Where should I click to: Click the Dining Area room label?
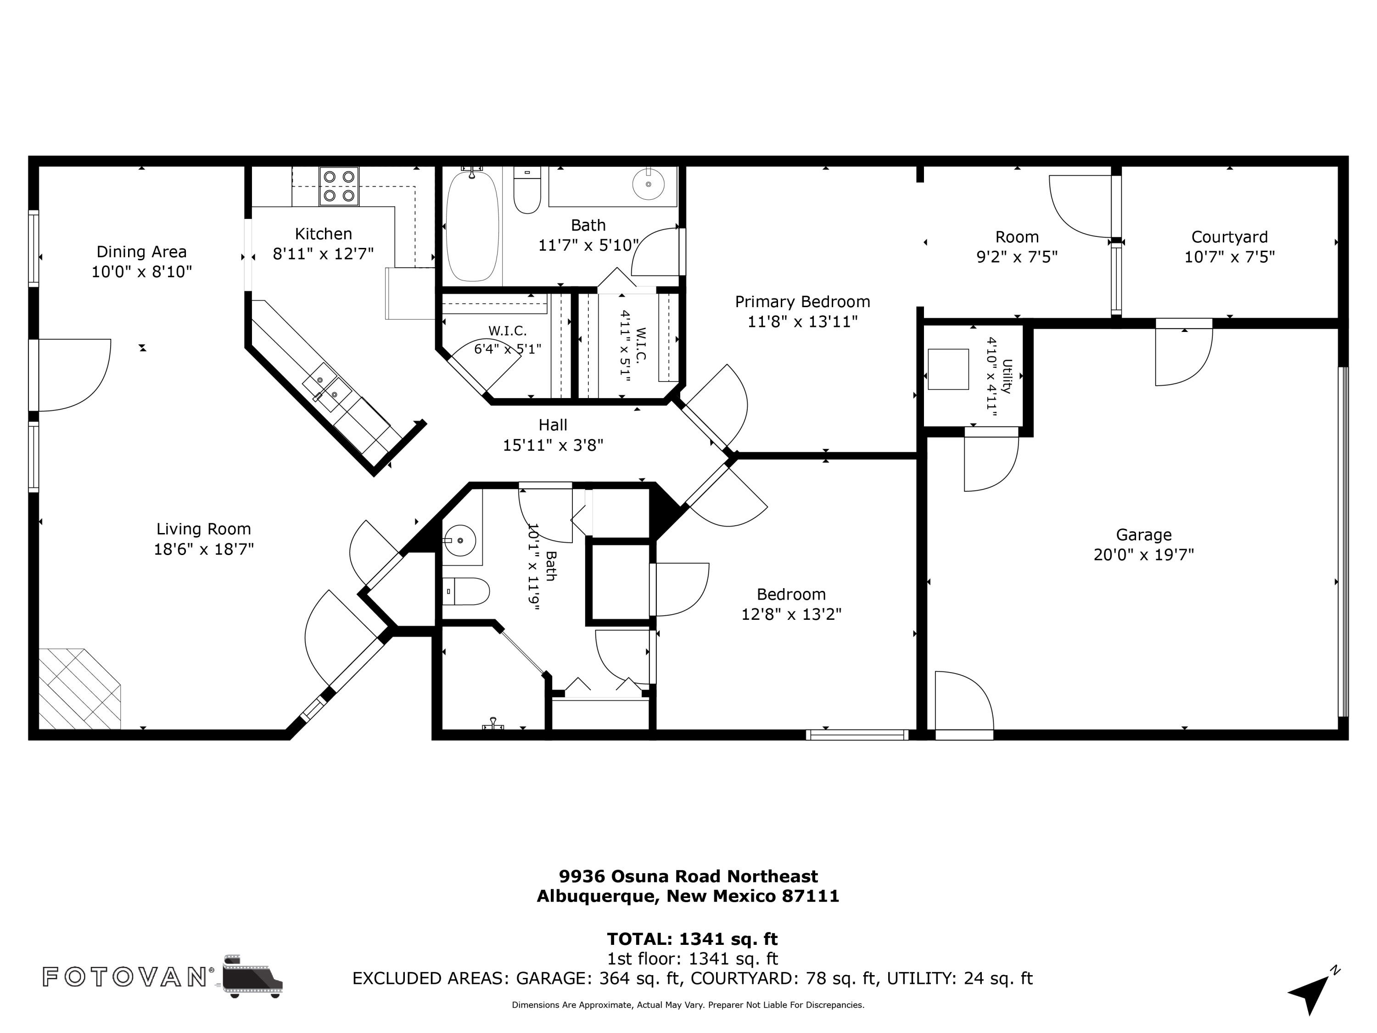click(141, 252)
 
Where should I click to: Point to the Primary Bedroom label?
click(802, 302)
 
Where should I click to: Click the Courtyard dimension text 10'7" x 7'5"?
click(1230, 257)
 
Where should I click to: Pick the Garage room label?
click(1143, 535)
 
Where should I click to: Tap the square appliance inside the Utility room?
click(948, 369)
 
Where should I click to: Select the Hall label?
click(553, 425)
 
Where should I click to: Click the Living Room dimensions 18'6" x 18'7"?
click(203, 549)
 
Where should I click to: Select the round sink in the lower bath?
click(460, 540)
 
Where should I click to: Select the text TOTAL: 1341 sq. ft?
click(692, 939)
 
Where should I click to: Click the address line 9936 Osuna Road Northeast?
click(688, 877)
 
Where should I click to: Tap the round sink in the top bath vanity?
click(648, 184)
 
